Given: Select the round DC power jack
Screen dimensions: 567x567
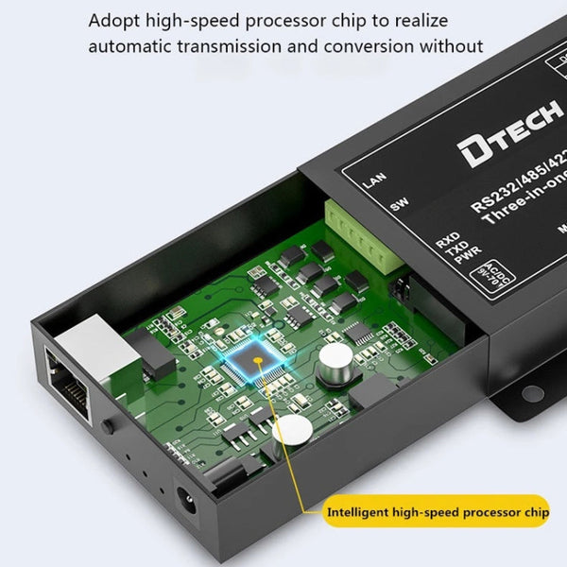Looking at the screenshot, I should pos(186,498).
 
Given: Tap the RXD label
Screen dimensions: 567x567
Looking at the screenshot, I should pos(447,239).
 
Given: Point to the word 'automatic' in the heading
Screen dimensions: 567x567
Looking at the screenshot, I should pos(129,45).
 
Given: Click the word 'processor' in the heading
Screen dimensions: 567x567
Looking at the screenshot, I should pos(304,20).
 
